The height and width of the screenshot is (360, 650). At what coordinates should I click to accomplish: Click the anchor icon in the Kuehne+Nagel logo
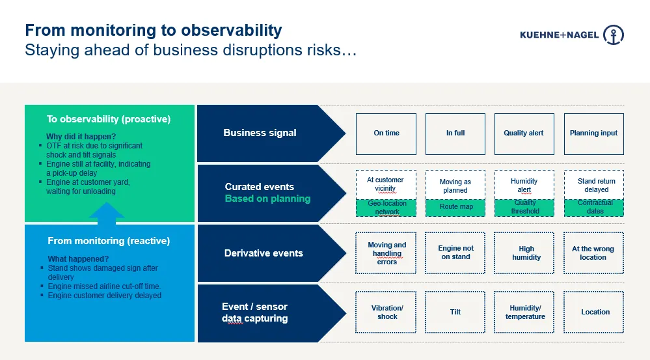tap(614, 35)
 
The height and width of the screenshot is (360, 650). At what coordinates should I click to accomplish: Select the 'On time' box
tap(386, 133)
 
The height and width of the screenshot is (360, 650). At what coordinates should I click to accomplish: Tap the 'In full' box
tap(455, 133)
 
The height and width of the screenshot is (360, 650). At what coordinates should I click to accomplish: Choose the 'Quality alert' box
tap(524, 133)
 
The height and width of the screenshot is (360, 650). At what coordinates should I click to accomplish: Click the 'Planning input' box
tap(593, 133)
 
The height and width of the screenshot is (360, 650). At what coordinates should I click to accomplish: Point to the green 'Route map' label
tap(455, 208)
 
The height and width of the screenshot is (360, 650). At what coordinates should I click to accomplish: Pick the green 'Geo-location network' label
tap(386, 208)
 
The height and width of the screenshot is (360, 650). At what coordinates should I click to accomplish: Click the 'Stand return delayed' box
tap(593, 185)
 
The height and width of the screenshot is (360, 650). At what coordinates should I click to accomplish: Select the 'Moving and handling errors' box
tap(386, 253)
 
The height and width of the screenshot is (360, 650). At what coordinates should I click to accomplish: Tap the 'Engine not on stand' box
tap(455, 253)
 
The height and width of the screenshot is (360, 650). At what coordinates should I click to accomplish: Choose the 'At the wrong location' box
tap(593, 253)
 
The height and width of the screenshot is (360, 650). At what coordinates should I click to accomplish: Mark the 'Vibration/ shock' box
tap(386, 312)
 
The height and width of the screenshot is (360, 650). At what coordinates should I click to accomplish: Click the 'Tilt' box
tap(455, 312)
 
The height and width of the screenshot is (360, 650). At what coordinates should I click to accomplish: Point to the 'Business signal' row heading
tap(260, 133)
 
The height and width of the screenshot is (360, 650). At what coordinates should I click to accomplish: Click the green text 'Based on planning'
tap(267, 199)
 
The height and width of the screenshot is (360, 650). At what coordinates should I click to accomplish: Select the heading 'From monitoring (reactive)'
tap(109, 241)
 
